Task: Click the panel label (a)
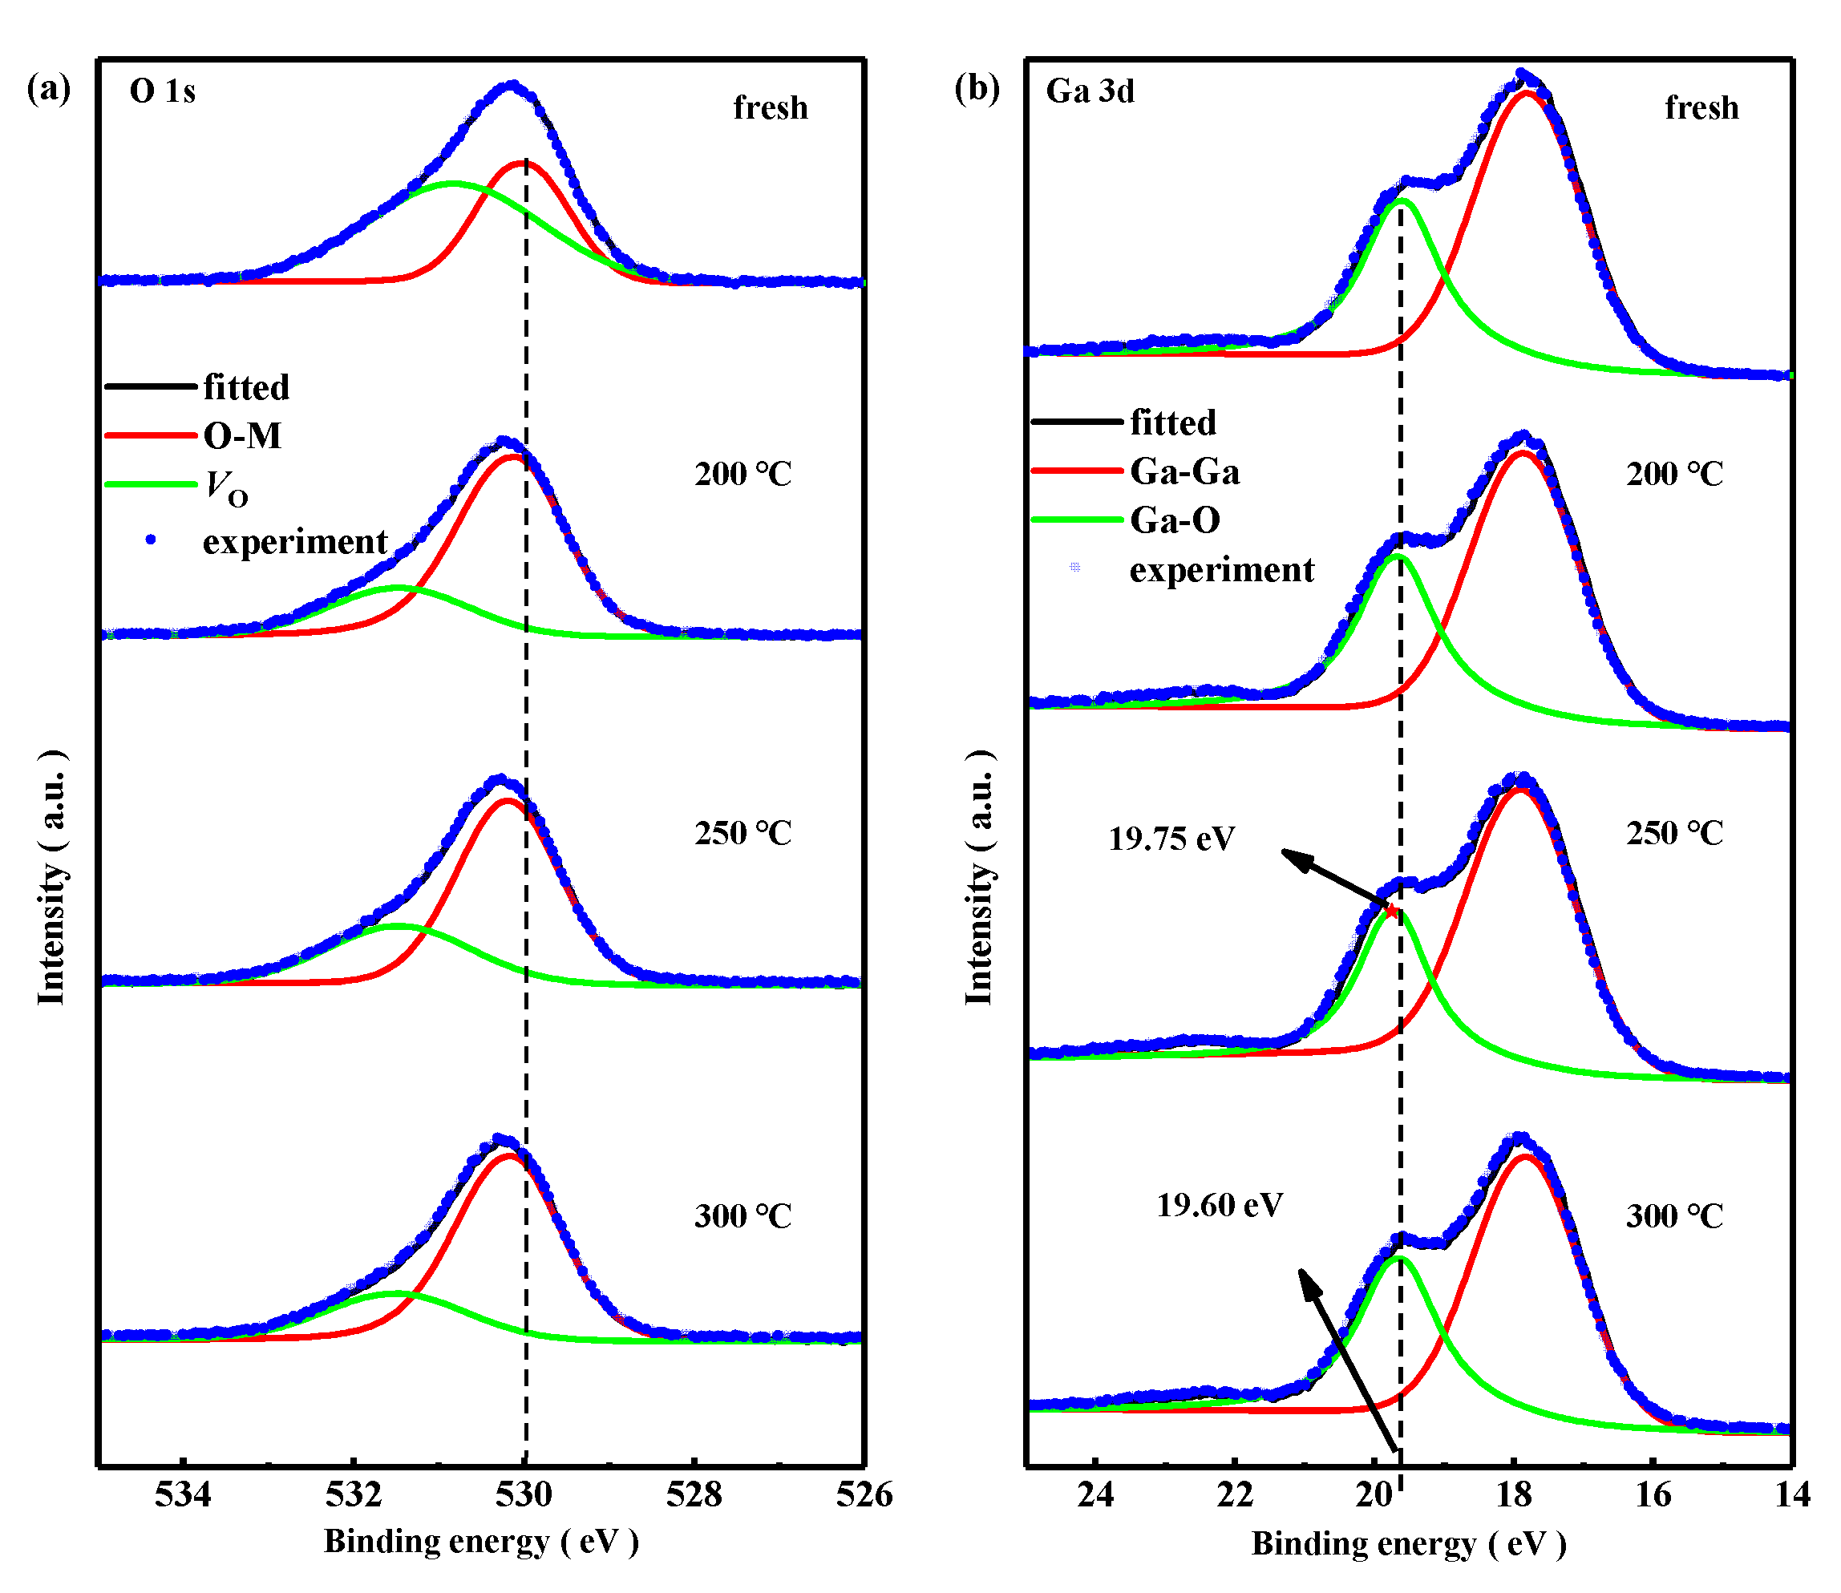pyautogui.click(x=49, y=89)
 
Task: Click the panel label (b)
pyautogui.click(x=977, y=89)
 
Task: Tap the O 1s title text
pyautogui.click(x=163, y=91)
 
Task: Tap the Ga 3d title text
pyautogui.click(x=1090, y=91)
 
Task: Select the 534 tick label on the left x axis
pyautogui.click(x=182, y=1495)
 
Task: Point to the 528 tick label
pyautogui.click(x=694, y=1495)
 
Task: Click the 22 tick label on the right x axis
pyautogui.click(x=1234, y=1495)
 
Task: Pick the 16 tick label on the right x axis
pyautogui.click(x=1653, y=1495)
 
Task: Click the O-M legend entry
pyautogui.click(x=242, y=435)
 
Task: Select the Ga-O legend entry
pyautogui.click(x=1175, y=520)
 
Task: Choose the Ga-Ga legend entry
pyautogui.click(x=1184, y=471)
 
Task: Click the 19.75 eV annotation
pyautogui.click(x=1171, y=839)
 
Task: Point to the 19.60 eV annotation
pyautogui.click(x=1219, y=1206)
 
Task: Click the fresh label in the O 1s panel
pyautogui.click(x=770, y=107)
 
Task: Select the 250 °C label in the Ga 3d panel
pyautogui.click(x=1674, y=833)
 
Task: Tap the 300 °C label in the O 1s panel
pyautogui.click(x=742, y=1216)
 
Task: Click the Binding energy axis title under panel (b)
pyautogui.click(x=1408, y=1544)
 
